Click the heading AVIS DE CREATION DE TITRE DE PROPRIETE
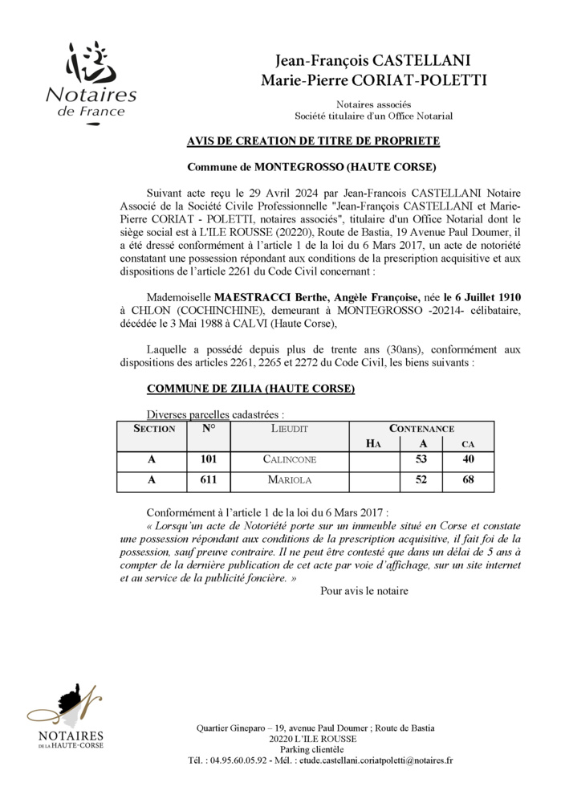coord(312,141)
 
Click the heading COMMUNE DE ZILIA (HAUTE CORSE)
coord(250,389)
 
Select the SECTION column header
coord(154,429)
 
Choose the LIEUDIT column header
coord(289,429)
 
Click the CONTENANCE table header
coord(421,429)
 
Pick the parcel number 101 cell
coord(209,459)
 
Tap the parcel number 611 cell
coord(209,480)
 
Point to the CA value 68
coord(468,480)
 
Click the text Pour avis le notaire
coord(364,591)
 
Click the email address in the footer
coord(376,760)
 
